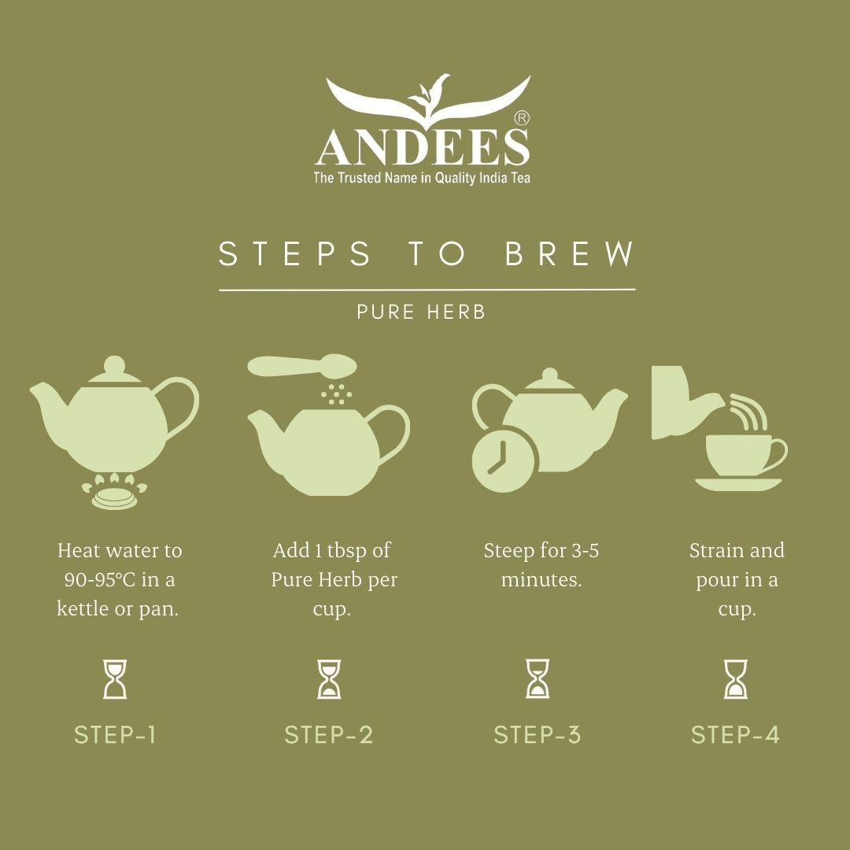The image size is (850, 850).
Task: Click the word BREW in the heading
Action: tap(569, 253)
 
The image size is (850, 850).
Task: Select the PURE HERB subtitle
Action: tap(421, 312)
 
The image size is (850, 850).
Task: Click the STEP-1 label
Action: tap(115, 735)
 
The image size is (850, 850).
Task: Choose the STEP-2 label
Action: tap(329, 735)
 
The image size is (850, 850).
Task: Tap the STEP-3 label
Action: tap(538, 735)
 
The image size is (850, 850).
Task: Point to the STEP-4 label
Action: tap(735, 735)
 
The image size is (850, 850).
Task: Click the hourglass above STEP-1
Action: tap(115, 679)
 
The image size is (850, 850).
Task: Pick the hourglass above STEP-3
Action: tap(538, 678)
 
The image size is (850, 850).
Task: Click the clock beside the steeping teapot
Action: tap(504, 460)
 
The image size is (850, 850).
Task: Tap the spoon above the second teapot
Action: tap(302, 366)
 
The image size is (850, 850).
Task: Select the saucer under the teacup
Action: tap(738, 484)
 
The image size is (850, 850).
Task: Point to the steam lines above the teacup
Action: tap(749, 412)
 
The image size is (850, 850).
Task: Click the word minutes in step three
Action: tap(541, 579)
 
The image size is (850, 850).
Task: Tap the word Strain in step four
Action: tap(717, 551)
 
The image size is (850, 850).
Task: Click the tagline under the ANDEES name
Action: tap(422, 178)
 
